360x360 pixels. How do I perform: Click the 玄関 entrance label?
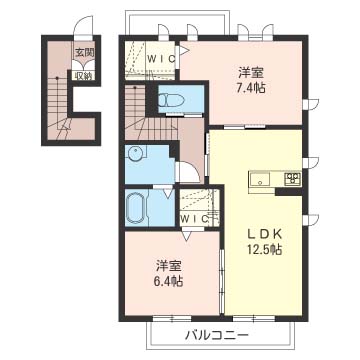coord(85,52)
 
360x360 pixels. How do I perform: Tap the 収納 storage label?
coord(83,76)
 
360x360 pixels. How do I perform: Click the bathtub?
coord(136,208)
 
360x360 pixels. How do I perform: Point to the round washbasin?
coord(136,154)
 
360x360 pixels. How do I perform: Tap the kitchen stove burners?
coord(292,178)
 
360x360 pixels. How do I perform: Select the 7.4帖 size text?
coord(252,88)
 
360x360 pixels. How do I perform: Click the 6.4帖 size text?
coord(169,282)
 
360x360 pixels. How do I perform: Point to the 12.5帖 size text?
coord(264,249)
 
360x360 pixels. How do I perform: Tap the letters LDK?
coord(264,234)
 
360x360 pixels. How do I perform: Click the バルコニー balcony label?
coord(217,334)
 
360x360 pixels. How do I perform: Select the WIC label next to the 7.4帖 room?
coord(161,59)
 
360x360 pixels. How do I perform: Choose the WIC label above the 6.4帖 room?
coord(194,219)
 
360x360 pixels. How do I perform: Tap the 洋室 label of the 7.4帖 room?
coord(252,72)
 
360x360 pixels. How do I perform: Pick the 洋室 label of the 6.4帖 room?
coord(169,266)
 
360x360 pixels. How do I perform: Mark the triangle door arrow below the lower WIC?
coord(186,235)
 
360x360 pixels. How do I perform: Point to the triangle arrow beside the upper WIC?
coord(185,50)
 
